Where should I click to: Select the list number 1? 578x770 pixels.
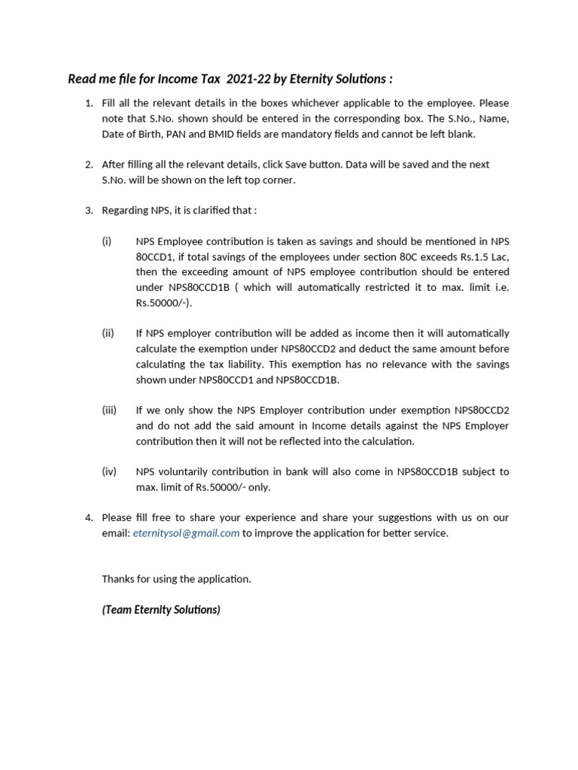click(x=88, y=103)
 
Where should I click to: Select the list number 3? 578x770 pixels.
click(x=88, y=211)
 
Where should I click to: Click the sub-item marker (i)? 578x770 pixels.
click(x=106, y=241)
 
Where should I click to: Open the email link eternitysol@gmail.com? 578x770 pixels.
click(x=186, y=533)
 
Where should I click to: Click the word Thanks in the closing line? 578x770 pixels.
click(x=118, y=579)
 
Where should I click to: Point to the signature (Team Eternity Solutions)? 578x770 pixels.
click(x=161, y=610)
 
